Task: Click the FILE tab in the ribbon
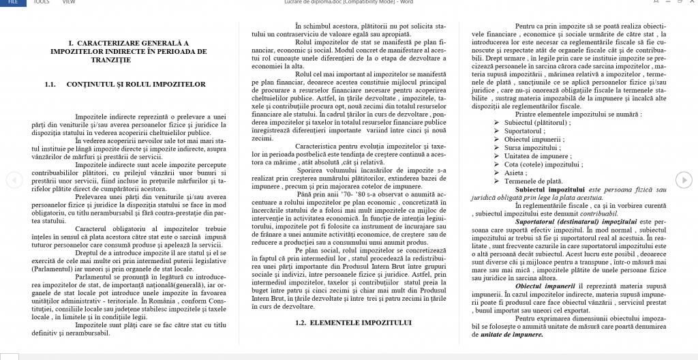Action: [x=13, y=2]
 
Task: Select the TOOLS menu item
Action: [x=42, y=2]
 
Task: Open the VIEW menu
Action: [x=68, y=2]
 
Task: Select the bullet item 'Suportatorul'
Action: [x=525, y=130]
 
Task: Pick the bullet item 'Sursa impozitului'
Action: [x=532, y=147]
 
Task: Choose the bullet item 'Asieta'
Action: [x=515, y=172]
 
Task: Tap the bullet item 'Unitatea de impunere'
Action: [x=536, y=155]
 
